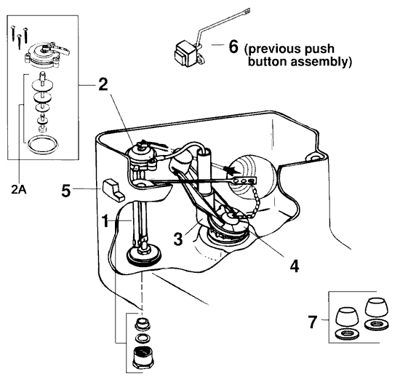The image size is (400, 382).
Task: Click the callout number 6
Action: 233,47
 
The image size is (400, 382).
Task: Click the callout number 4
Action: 293,266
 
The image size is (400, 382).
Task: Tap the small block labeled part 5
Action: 111,188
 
